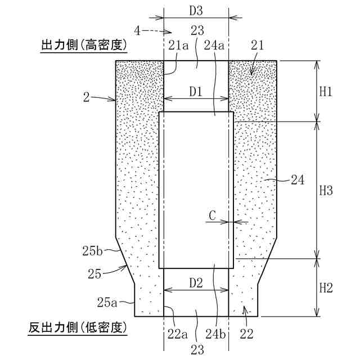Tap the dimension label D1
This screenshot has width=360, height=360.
tap(196, 91)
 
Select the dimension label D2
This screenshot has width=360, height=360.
tap(196, 283)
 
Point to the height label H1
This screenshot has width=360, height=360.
tap(327, 91)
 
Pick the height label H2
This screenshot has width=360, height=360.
tap(327, 289)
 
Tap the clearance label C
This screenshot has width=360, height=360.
tap(212, 215)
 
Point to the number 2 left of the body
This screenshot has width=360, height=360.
tap(86, 97)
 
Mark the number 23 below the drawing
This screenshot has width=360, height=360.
tap(196, 349)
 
